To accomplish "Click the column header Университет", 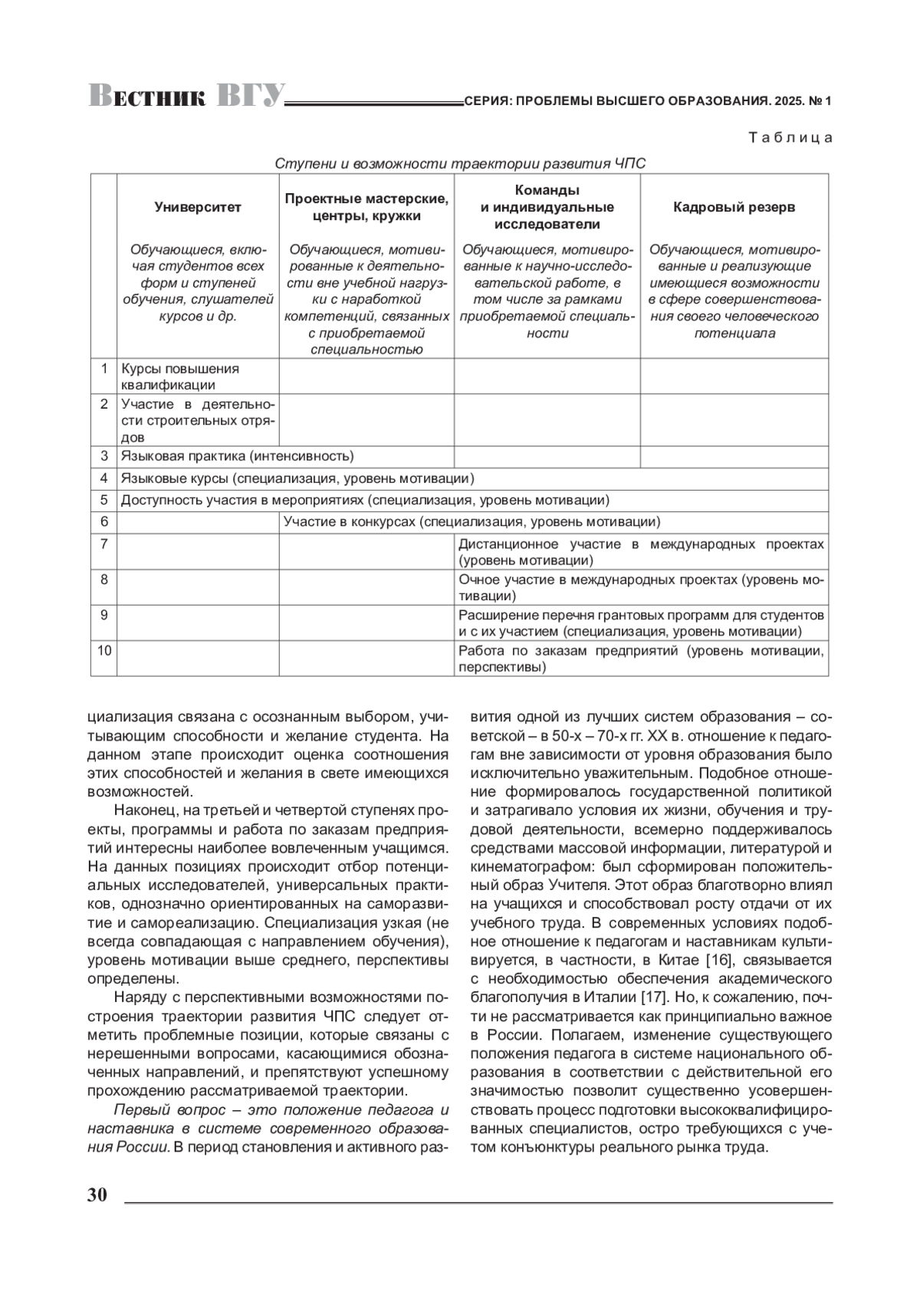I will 198,207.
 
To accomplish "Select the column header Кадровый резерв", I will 734,207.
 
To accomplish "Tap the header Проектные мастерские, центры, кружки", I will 366,207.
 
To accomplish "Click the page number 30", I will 97,1195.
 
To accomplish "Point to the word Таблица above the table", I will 790,138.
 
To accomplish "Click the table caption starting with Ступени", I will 460,164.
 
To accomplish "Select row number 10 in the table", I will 103,651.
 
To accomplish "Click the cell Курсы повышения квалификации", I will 180,376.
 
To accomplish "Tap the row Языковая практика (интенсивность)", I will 238,456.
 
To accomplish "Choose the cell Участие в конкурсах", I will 472,522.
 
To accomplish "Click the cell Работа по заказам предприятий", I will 640,659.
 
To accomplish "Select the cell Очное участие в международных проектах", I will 640,587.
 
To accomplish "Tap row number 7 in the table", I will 103,544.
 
